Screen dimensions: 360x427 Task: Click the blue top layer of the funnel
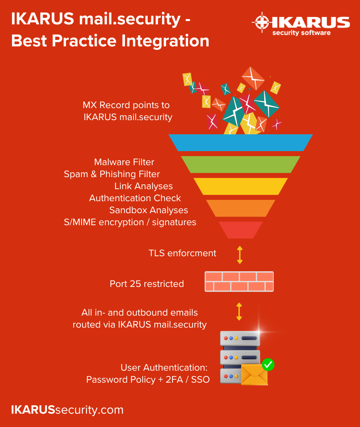pos(240,142)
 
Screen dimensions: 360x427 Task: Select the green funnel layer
pos(240,164)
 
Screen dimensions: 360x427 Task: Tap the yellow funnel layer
pos(240,186)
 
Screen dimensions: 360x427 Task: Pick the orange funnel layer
pos(240,208)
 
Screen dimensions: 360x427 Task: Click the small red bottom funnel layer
pos(240,230)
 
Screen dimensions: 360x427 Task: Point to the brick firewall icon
pos(239,282)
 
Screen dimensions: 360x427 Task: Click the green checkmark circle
pos(268,364)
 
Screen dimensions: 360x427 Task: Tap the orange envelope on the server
pos(254,374)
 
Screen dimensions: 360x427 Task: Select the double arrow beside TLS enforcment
pos(240,255)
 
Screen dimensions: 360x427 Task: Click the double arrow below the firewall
pos(239,312)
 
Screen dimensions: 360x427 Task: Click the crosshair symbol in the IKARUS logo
pos(262,22)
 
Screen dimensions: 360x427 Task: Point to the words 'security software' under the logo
pos(301,33)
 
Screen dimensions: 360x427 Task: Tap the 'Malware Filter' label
pos(124,162)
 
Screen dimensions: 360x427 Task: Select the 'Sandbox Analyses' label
pos(149,210)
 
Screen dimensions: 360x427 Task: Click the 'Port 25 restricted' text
pos(147,284)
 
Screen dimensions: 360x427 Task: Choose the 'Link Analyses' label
pos(143,186)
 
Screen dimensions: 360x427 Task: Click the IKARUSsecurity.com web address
pos(67,410)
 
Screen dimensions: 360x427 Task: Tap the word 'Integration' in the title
pos(165,41)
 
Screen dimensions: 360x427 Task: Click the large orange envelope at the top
pos(253,78)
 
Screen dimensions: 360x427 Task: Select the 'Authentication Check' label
pos(135,198)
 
